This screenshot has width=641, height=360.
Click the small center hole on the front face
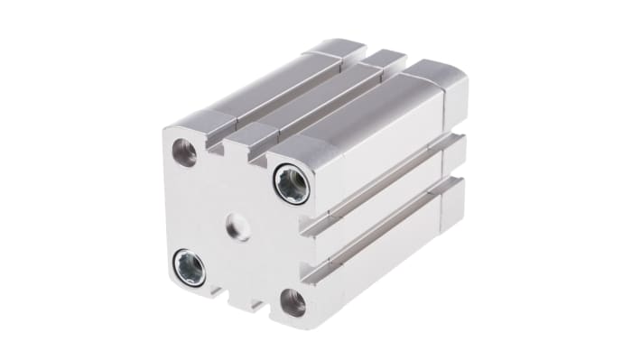pyautogui.click(x=238, y=226)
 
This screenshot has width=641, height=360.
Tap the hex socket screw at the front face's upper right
pyautogui.click(x=292, y=184)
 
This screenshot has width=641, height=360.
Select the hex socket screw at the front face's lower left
pyautogui.click(x=189, y=267)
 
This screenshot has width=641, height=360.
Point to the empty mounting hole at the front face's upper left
pyautogui.click(x=185, y=152)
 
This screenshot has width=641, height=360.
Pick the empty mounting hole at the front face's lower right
pyautogui.click(x=293, y=302)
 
